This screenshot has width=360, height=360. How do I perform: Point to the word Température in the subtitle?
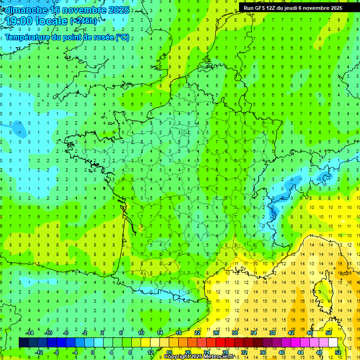[28, 37]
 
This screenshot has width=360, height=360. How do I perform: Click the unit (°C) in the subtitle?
[123, 37]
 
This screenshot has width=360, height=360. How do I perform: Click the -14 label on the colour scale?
[30, 333]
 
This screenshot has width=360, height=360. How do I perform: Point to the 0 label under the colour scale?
[93, 352]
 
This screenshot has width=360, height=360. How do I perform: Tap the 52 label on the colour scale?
[338, 352]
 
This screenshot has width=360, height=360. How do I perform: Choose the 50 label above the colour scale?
[329, 333]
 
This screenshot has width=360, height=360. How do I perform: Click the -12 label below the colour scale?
[39, 352]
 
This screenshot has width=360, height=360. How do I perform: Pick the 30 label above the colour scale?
[234, 333]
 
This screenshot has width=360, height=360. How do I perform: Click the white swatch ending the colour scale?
[333, 343]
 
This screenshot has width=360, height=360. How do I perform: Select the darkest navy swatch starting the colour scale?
[23, 343]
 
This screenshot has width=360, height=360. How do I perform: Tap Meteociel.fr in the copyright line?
[218, 357]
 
